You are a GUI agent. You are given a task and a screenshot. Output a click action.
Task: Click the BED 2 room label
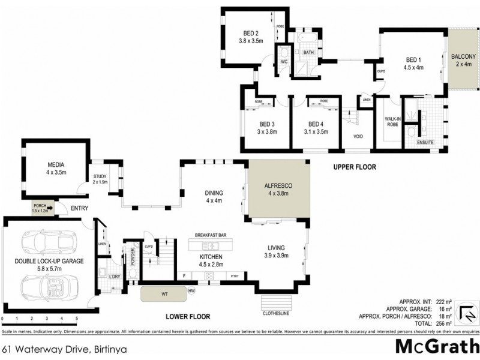[x=251, y=33]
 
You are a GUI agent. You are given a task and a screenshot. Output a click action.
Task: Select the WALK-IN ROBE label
[x=392, y=123]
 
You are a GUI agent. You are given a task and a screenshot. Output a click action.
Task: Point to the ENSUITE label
[x=425, y=143]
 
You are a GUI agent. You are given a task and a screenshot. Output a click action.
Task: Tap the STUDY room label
[x=100, y=176]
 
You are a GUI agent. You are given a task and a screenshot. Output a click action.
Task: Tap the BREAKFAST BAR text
[x=210, y=235]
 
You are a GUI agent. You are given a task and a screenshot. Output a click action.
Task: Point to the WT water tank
[x=164, y=294]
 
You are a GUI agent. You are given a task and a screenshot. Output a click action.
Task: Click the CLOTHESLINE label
[x=277, y=312]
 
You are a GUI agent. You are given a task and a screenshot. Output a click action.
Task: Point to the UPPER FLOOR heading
[x=355, y=167]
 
